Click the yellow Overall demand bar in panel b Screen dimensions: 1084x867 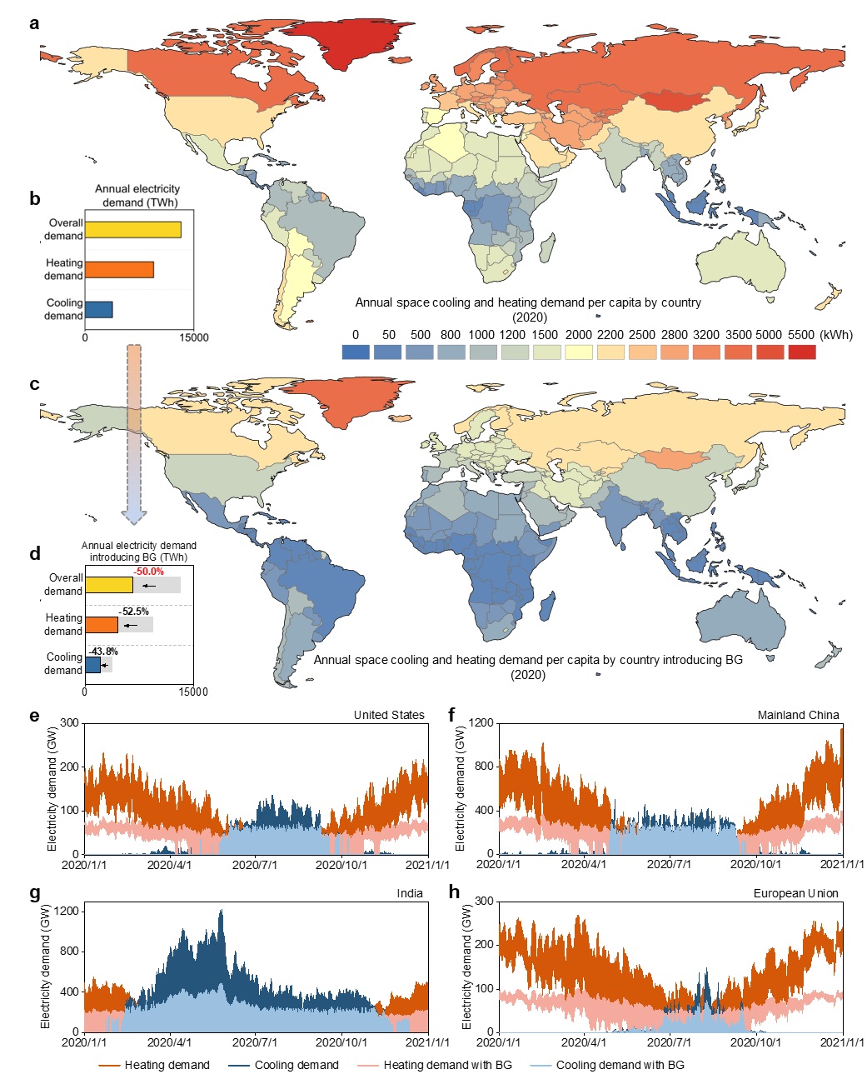point(132,230)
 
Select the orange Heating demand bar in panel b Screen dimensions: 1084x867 point(119,269)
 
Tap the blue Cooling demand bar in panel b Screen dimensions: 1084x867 point(98,310)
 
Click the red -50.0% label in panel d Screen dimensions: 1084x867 point(149,572)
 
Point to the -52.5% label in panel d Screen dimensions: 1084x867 point(134,612)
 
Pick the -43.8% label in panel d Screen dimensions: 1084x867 point(103,652)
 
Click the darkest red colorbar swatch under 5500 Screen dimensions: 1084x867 point(802,352)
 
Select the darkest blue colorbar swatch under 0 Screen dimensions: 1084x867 point(356,352)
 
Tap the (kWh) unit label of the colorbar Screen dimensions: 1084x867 point(836,335)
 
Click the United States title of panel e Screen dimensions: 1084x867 point(389,715)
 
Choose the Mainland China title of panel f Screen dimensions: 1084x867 point(798,715)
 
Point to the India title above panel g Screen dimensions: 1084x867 point(410,893)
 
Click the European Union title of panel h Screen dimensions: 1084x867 point(795,893)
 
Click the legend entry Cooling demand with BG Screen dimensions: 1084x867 point(620,1065)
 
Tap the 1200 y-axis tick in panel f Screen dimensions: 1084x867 point(481,723)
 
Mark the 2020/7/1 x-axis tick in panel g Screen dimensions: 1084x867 point(255,1042)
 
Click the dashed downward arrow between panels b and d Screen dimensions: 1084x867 point(134,433)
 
